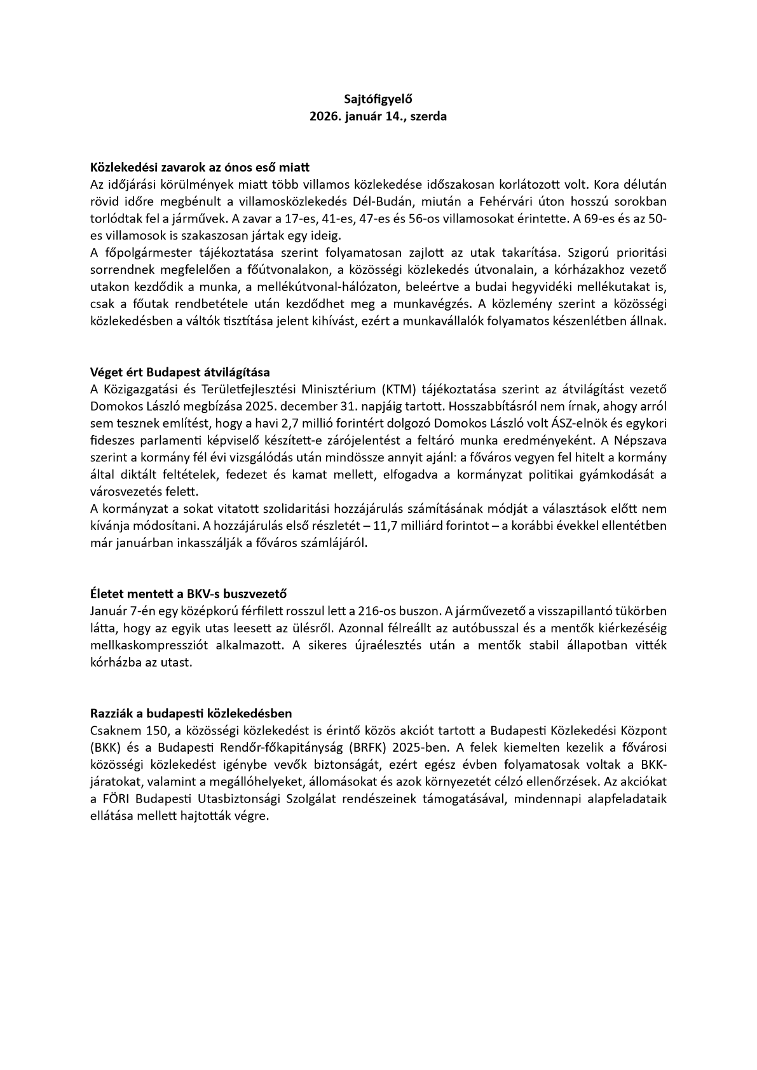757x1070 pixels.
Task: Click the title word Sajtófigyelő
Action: click(x=378, y=99)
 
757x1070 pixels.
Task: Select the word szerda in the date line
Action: click(x=428, y=117)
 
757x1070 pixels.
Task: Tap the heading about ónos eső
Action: click(x=200, y=168)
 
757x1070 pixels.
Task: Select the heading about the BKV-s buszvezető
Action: click(x=189, y=594)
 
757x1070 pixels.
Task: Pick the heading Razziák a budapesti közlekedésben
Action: click(x=191, y=714)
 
